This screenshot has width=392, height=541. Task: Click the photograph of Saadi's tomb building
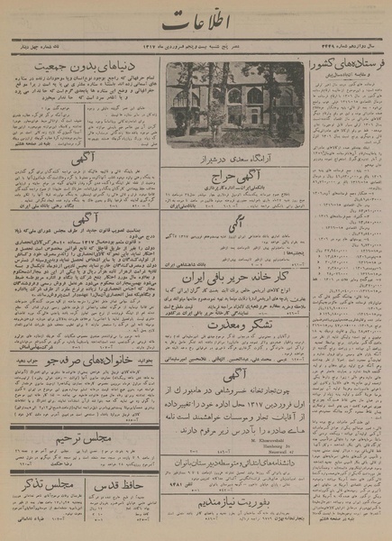tap(234, 103)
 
